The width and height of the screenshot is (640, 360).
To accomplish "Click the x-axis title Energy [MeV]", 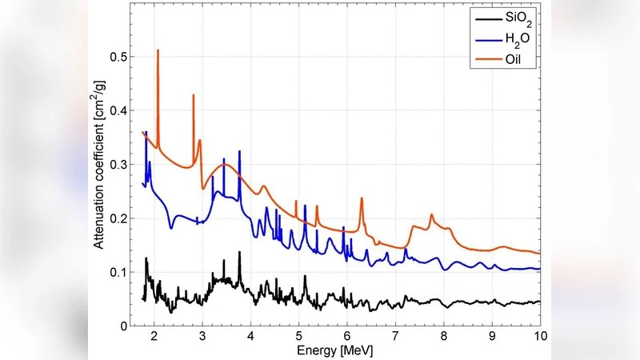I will pyautogui.click(x=335, y=350).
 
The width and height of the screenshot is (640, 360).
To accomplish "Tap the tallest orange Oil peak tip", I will pyautogui.click(x=158, y=50).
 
